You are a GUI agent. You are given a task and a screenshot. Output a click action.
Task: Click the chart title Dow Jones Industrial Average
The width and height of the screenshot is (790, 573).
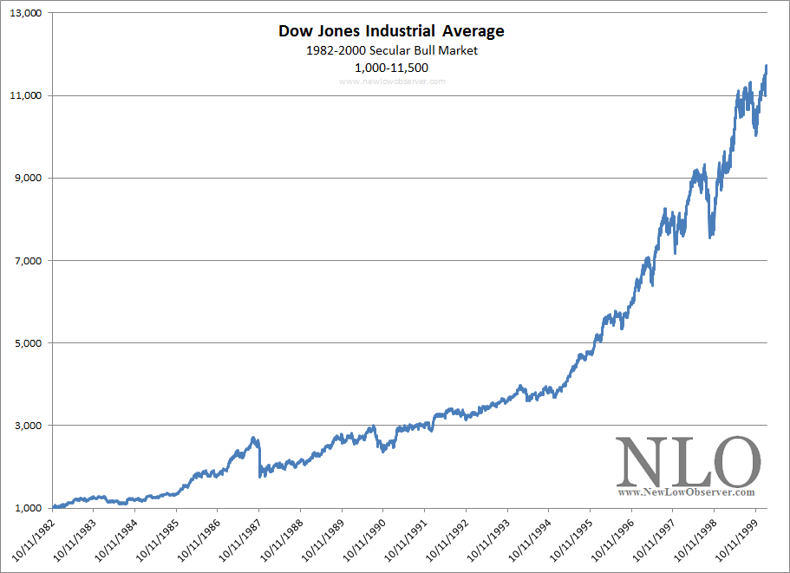tap(391, 31)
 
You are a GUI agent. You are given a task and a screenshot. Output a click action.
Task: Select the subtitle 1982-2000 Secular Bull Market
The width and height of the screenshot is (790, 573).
tap(391, 50)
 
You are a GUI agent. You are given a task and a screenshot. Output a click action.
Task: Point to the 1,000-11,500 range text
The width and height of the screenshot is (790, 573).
tap(391, 67)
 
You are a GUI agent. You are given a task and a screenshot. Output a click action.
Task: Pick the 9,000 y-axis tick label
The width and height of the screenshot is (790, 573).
tap(28, 178)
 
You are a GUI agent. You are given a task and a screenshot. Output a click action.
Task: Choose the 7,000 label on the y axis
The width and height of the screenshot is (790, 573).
tap(28, 260)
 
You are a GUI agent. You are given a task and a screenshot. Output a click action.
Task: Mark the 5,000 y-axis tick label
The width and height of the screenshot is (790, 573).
tap(28, 342)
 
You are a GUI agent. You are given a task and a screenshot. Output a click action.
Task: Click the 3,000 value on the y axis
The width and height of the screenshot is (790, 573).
tap(28, 425)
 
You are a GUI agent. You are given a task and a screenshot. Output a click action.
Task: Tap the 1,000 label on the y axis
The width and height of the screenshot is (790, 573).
tap(28, 508)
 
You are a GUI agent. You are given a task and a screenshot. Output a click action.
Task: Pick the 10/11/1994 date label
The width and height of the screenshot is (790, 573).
tap(529, 539)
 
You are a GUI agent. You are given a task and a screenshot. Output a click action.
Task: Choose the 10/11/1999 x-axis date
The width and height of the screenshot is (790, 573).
tap(735, 539)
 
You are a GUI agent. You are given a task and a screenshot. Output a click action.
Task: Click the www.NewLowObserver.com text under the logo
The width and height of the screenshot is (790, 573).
tap(686, 492)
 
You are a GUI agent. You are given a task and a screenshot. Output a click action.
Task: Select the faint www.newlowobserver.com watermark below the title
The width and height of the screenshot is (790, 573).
tap(391, 81)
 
